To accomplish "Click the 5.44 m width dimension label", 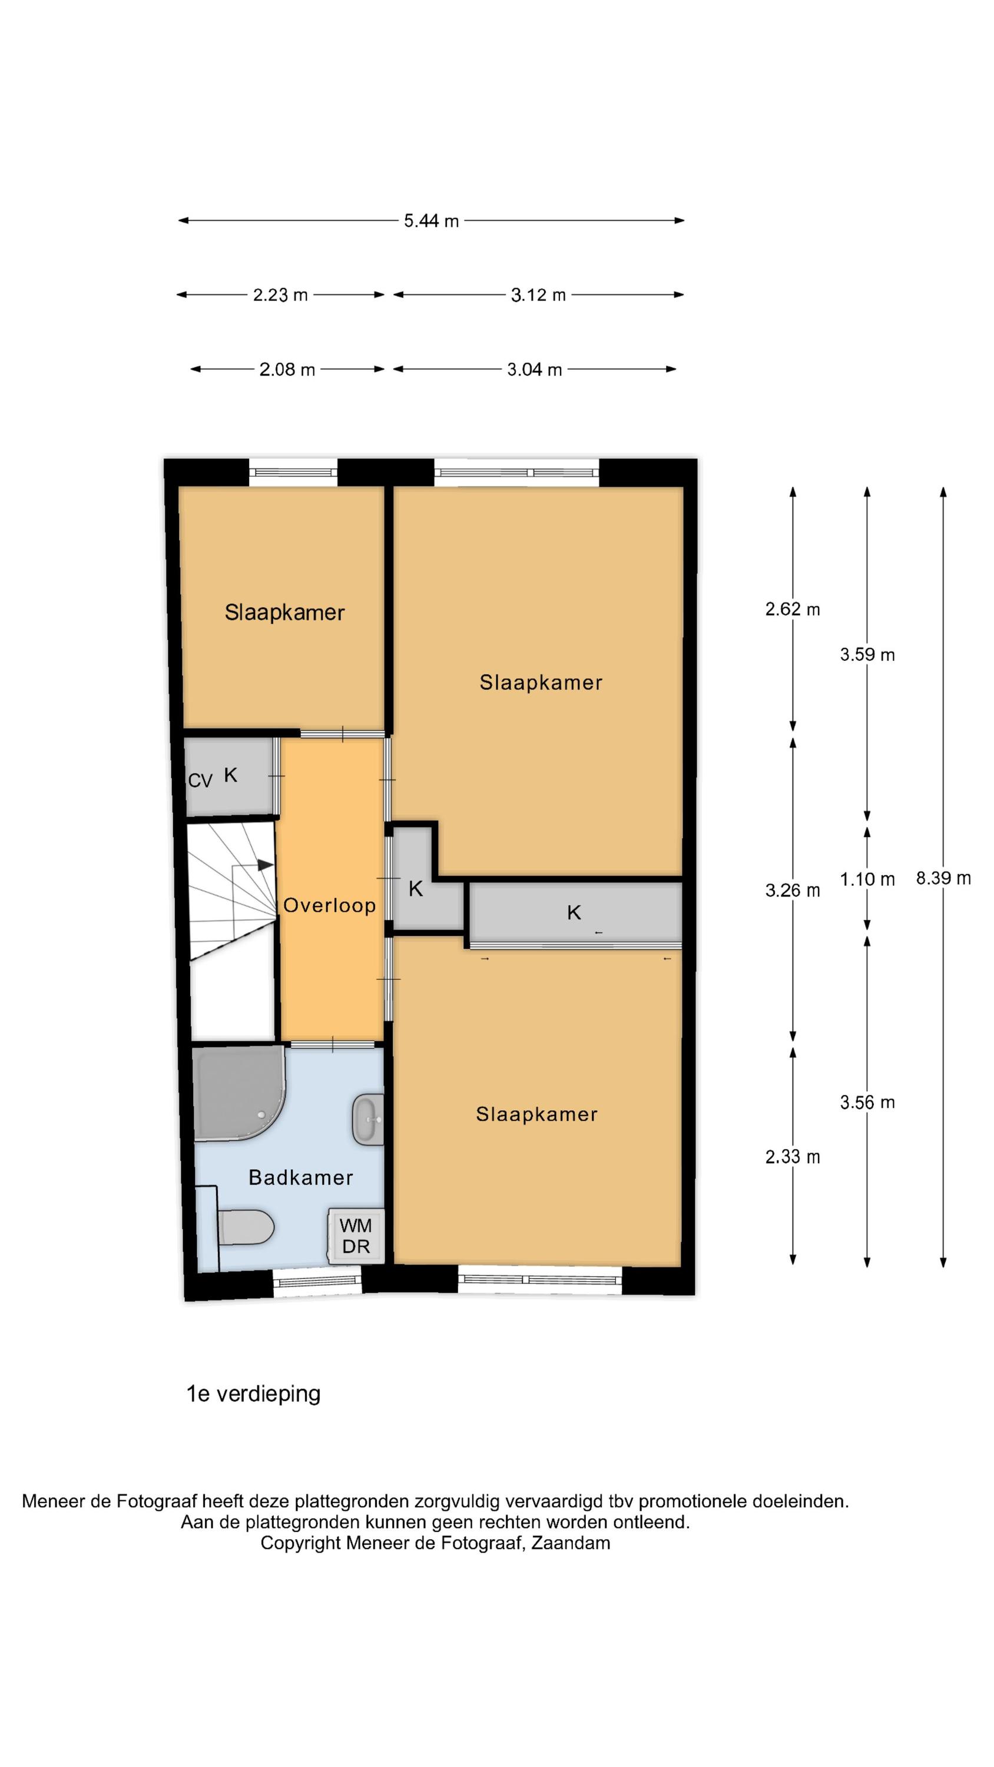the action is point(431,221).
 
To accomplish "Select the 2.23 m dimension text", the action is point(280,295).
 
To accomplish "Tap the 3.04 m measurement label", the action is point(534,370).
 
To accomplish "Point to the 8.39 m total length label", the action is point(943,878).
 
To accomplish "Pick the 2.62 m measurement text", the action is point(793,609).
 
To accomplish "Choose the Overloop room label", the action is point(329,905).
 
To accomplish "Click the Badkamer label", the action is point(300,1178).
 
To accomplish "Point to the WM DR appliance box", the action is point(355,1236).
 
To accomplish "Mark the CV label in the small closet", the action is point(200,780).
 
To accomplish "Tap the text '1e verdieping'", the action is point(253,1395).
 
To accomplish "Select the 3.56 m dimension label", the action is point(867,1103).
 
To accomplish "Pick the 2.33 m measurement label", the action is point(793,1157).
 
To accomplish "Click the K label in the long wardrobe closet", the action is point(574,912).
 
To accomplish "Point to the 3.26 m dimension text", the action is point(793,891).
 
